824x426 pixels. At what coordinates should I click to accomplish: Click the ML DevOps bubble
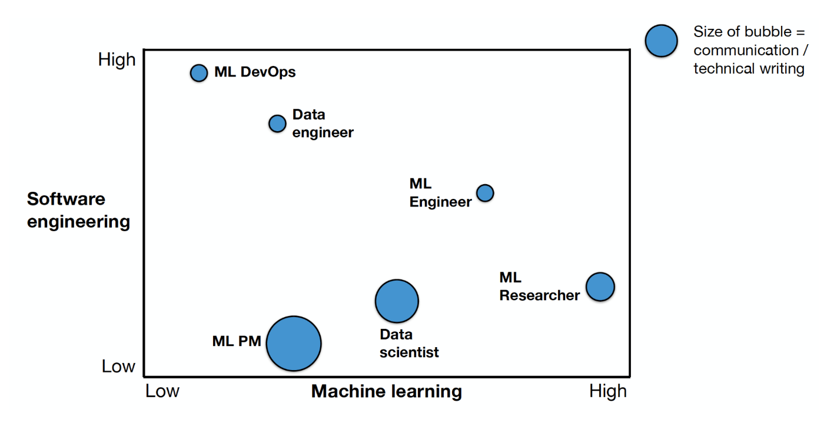point(199,72)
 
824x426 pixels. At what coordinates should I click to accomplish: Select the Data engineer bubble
point(277,124)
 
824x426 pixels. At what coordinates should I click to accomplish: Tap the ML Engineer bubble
point(485,192)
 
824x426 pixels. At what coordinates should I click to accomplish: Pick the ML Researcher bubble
point(600,287)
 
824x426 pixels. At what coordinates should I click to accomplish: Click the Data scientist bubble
point(397,301)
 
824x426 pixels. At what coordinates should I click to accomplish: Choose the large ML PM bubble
point(294,343)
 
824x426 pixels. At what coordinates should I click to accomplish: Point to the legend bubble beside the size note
point(661,41)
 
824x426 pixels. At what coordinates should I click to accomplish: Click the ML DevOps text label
point(255,72)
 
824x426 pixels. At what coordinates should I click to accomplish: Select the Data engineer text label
point(323,124)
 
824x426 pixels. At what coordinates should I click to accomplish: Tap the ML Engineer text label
point(440,193)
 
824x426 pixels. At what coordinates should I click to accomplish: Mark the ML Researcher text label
point(539,286)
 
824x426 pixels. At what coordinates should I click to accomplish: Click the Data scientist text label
point(409,344)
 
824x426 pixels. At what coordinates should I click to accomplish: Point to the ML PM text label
point(237,341)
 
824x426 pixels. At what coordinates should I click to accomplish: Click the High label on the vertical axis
point(117,59)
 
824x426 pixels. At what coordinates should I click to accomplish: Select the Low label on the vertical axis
point(118,367)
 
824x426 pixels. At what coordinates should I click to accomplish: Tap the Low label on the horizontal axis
point(162,391)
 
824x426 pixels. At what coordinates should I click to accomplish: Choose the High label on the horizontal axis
point(608,391)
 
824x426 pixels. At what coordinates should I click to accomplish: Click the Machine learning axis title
point(386,391)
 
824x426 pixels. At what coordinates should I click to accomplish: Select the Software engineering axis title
point(78,210)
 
